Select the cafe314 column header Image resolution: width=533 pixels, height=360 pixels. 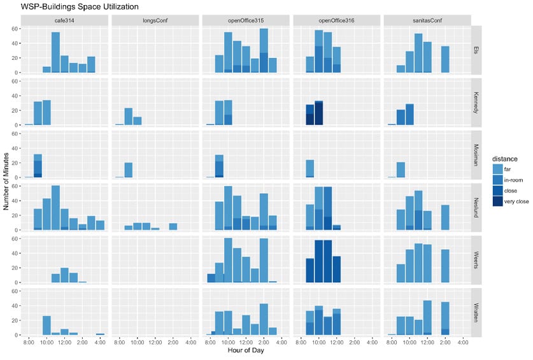click(x=64, y=20)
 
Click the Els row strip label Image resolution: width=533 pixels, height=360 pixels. click(x=476, y=50)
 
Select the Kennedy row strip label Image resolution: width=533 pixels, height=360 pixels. click(x=476, y=103)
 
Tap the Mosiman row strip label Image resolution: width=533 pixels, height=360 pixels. click(x=476, y=155)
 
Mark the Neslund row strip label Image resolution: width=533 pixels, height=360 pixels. click(x=476, y=208)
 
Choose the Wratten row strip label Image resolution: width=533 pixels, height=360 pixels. click(x=476, y=313)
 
